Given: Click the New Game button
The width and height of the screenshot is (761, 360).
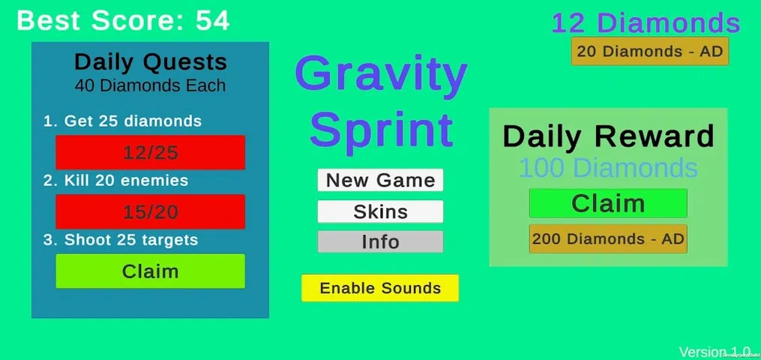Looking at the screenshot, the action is point(380,180).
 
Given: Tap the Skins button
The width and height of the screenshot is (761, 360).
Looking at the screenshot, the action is point(380,211).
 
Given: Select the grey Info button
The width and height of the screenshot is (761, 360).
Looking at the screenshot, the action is point(380,241).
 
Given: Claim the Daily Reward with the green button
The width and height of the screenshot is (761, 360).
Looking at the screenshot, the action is point(608,203).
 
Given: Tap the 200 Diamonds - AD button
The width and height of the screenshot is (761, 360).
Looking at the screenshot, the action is point(608,238).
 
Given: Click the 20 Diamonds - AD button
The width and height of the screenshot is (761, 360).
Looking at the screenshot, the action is point(650,51).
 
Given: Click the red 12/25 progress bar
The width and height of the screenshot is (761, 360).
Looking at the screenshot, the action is point(151,152).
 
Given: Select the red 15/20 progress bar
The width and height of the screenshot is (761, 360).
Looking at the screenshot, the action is point(151,211).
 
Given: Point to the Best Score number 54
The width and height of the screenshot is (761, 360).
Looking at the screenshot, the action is point(213,21).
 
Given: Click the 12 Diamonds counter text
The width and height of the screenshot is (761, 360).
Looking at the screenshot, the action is point(646,22).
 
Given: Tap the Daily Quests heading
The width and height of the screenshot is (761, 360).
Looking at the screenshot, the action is point(151,62).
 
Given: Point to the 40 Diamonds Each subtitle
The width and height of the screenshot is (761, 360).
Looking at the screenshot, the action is point(151,85).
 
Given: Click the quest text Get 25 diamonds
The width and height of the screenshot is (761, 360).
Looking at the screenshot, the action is point(122,121).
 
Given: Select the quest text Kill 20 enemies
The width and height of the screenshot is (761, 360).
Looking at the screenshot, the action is point(115,181).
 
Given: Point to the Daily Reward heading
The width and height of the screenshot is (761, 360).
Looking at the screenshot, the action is point(608,136).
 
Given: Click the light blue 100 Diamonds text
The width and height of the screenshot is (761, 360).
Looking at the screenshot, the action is point(608,168).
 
